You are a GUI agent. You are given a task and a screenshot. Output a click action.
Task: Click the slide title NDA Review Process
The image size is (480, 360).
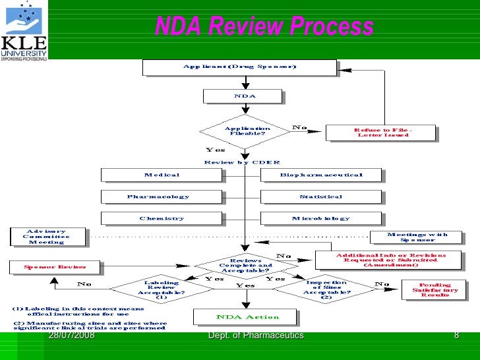click(264, 27)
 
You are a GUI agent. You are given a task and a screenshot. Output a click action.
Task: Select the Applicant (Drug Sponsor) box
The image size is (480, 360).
click(239, 67)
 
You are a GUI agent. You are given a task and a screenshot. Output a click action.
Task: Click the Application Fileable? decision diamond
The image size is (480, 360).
click(246, 131)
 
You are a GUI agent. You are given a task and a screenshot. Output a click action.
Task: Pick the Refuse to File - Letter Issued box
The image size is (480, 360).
click(380, 133)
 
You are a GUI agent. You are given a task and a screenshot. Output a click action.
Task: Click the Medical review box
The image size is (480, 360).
click(162, 175)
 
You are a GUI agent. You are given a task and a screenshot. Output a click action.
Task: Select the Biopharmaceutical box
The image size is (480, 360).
click(320, 175)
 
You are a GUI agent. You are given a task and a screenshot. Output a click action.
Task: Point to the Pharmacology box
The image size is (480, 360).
click(158, 196)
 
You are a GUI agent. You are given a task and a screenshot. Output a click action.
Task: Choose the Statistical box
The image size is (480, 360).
click(320, 196)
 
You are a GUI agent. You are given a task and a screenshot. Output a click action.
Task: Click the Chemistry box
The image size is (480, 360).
click(162, 218)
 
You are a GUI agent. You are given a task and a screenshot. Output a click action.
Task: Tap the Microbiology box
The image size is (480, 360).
click(320, 218)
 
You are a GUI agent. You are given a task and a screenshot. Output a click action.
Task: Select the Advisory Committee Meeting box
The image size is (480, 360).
click(47, 237)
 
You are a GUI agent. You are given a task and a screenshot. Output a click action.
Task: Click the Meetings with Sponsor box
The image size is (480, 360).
click(416, 237)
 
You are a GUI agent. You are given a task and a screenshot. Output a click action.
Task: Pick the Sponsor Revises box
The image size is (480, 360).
click(55, 267)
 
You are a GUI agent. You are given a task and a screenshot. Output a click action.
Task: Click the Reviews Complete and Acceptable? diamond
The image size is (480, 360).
click(245, 265)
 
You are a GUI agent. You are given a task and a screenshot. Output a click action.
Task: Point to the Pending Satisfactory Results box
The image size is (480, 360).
click(435, 290)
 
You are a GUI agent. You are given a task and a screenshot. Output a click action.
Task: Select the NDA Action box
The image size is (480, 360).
click(244, 317)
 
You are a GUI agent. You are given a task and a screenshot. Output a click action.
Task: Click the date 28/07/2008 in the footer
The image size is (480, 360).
click(71, 336)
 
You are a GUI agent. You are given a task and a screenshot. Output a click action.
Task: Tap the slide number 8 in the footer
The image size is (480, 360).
click(456, 336)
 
